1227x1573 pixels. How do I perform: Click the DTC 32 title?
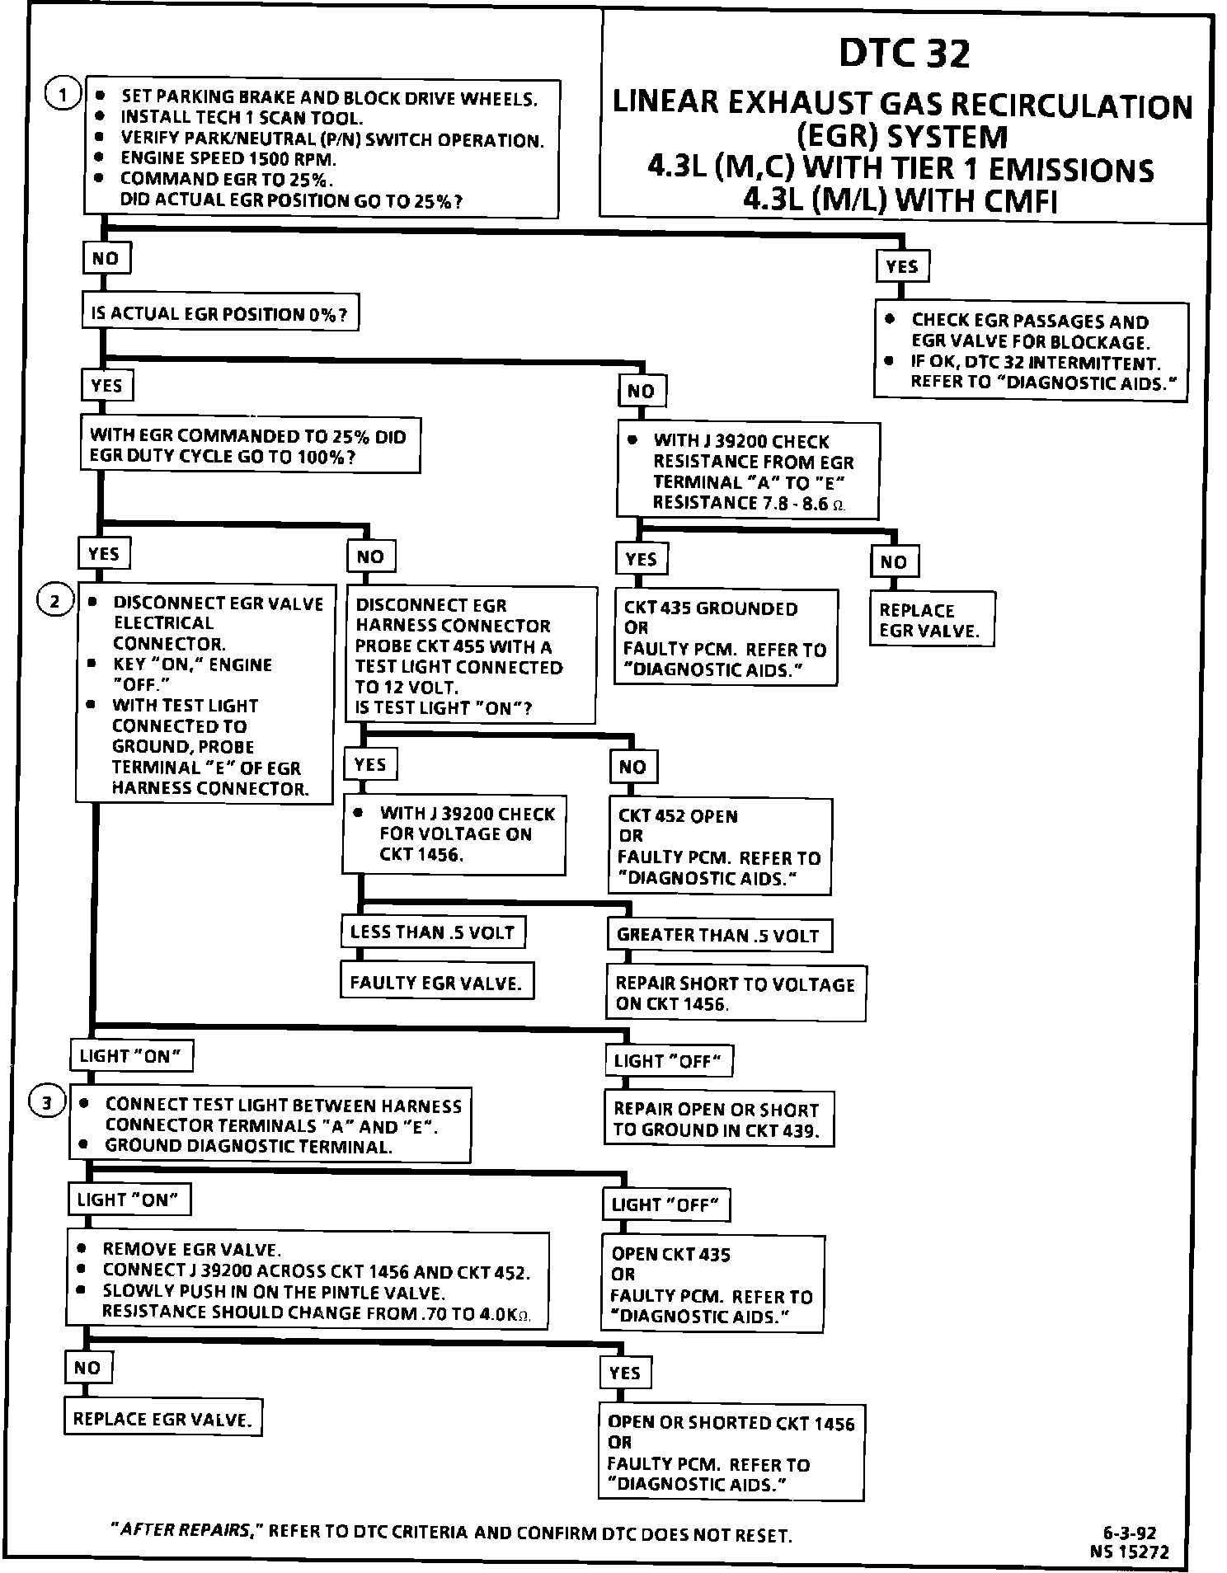point(905,54)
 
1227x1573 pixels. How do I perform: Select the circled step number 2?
point(55,601)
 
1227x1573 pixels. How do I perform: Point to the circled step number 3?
point(47,1102)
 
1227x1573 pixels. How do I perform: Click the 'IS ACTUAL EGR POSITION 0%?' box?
point(220,313)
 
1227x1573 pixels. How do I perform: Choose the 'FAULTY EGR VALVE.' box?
point(436,982)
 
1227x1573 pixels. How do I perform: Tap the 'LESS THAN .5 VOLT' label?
point(432,932)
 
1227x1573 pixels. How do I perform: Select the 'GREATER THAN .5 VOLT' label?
point(718,936)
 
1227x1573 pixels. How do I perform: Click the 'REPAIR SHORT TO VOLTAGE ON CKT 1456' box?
point(736,993)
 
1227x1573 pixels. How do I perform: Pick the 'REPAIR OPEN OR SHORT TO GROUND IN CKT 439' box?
point(717,1120)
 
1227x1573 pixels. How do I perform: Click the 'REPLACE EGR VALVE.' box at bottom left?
point(162,1419)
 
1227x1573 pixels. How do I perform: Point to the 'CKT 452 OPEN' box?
point(720,847)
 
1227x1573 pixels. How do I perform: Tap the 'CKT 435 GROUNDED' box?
point(724,638)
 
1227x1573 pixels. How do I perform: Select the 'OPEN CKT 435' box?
point(712,1284)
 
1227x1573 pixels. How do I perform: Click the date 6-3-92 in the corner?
point(1130,1533)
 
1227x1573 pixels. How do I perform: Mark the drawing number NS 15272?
point(1128,1552)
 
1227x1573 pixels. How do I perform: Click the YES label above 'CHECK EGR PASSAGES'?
point(901,266)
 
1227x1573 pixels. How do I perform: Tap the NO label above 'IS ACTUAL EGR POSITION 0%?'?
point(106,259)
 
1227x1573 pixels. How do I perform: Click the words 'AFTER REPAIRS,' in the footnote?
point(185,1530)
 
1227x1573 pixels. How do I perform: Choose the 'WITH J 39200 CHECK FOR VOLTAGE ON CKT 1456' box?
point(454,833)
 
